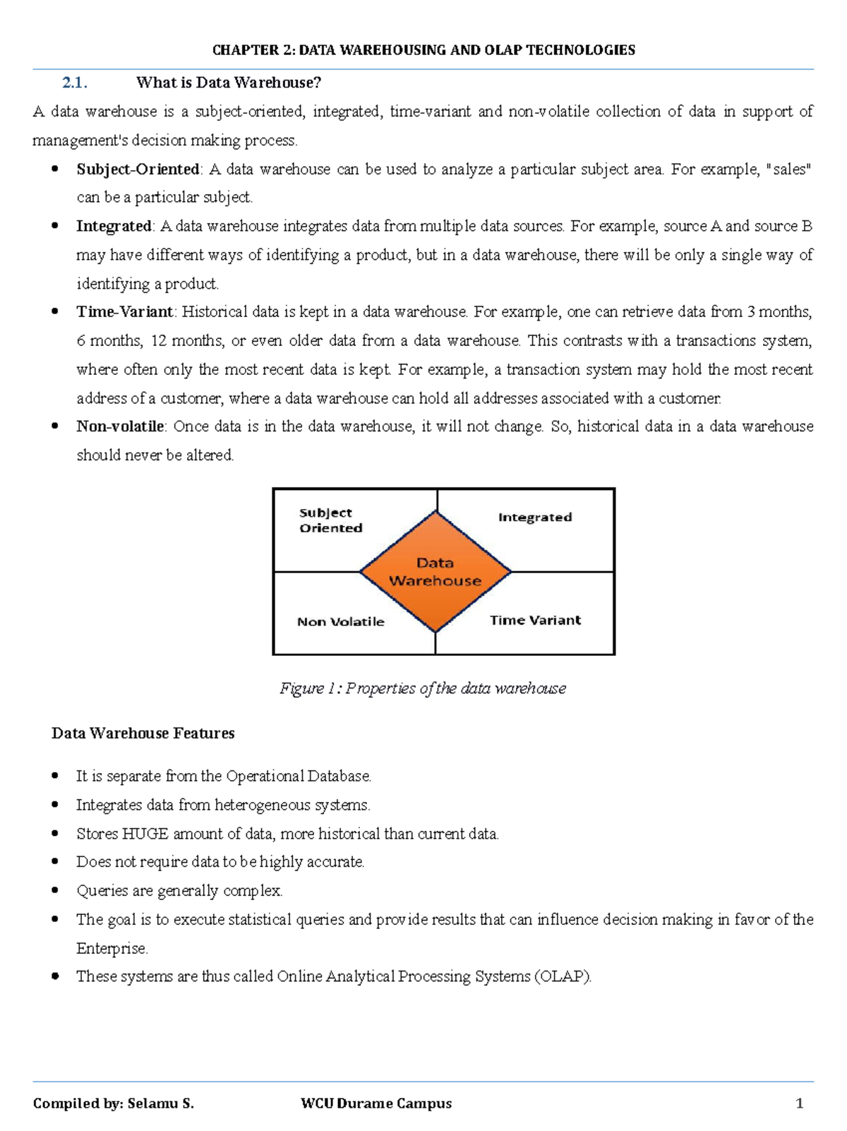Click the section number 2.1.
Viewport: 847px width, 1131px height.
(74, 83)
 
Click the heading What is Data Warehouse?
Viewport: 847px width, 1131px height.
(228, 83)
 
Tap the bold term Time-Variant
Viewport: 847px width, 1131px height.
(125, 312)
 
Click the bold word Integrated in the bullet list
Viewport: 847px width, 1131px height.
(114, 227)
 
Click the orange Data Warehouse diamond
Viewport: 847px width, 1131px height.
(435, 572)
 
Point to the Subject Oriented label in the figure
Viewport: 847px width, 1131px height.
(330, 520)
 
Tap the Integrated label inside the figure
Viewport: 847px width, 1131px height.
(535, 517)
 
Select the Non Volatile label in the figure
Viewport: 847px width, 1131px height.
(340, 622)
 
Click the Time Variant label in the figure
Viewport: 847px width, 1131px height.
(535, 621)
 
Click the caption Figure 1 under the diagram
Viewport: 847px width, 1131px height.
(423, 688)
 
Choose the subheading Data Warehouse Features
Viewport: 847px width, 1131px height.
(143, 734)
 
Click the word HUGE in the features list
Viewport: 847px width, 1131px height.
(145, 834)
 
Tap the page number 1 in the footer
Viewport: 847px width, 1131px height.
(799, 1103)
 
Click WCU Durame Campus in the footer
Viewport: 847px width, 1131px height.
(376, 1103)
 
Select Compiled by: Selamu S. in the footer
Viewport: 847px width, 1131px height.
(113, 1103)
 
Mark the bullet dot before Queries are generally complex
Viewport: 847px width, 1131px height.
(55, 891)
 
